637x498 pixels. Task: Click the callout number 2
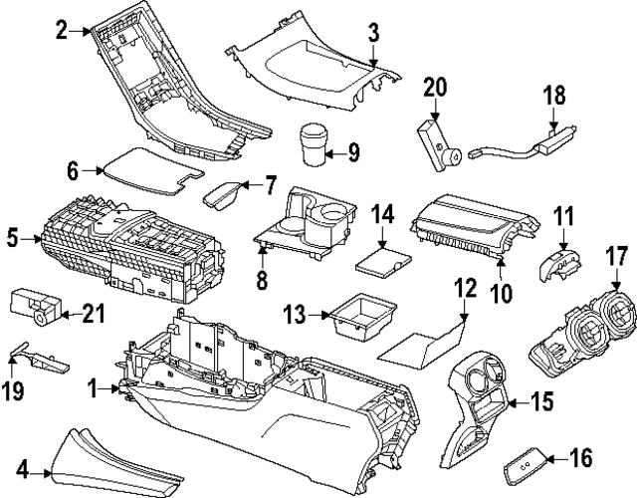(x=61, y=31)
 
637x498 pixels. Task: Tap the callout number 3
(x=373, y=32)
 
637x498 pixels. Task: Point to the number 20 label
(x=435, y=88)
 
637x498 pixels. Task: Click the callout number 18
(x=554, y=96)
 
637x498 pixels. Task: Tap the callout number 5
(x=12, y=237)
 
